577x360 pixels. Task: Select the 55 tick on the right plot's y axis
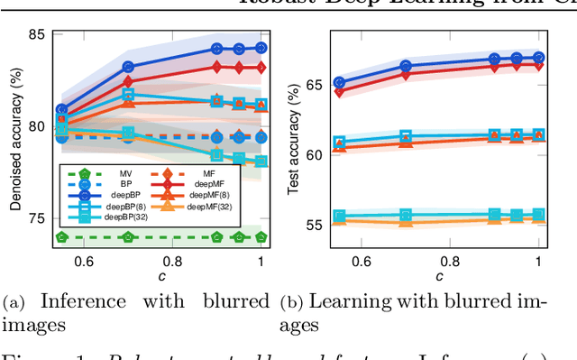(x=313, y=224)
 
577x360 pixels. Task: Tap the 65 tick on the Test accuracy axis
(x=313, y=85)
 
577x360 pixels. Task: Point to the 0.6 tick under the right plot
(x=361, y=262)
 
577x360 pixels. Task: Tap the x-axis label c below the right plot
(x=438, y=275)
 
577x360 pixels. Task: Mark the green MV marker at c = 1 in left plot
(x=261, y=237)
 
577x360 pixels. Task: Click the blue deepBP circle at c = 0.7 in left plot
(x=128, y=67)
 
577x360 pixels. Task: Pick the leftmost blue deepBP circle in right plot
(x=339, y=82)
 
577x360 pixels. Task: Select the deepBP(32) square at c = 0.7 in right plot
(x=406, y=215)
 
